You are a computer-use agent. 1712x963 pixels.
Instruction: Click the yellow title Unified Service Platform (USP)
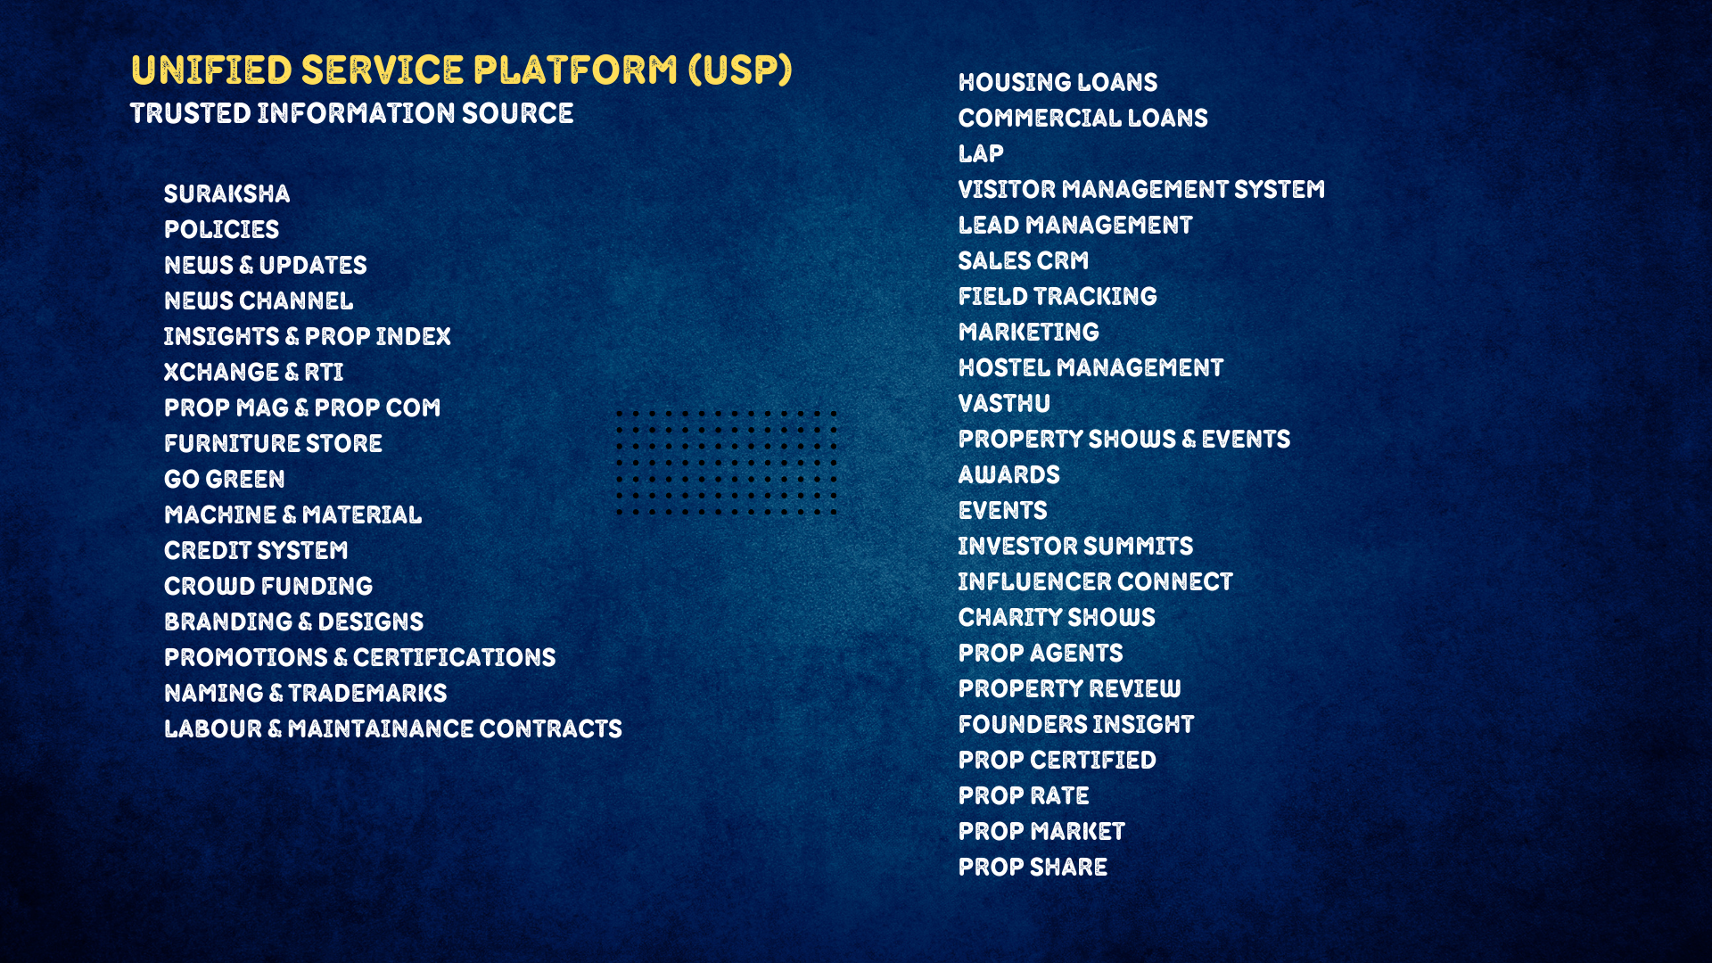tap(461, 70)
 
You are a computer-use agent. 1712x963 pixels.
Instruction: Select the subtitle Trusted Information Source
tap(351, 113)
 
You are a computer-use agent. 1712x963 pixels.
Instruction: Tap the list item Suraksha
tap(226, 193)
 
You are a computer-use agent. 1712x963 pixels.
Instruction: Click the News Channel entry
tap(259, 300)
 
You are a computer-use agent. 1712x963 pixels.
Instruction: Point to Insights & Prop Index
tap(308, 336)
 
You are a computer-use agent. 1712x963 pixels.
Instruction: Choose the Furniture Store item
tap(273, 443)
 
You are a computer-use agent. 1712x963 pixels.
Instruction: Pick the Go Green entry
tap(225, 479)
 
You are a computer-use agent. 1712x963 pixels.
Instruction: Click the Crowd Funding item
tap(268, 586)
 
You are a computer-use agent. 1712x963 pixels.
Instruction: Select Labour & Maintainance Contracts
tap(393, 728)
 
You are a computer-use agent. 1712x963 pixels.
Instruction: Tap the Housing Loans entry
tap(1058, 82)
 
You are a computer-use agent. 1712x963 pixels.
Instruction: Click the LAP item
tap(981, 153)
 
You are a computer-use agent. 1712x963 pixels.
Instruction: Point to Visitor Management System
tap(1141, 189)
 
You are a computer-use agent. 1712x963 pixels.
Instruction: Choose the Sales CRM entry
tap(1024, 260)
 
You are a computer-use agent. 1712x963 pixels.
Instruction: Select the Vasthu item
tap(1004, 403)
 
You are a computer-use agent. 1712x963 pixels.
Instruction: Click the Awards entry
tap(1009, 474)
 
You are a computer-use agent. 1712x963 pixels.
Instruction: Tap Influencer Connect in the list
tap(1096, 581)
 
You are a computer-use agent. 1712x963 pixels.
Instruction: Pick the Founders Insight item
tap(1076, 724)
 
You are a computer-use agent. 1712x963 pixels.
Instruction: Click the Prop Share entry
tap(1033, 867)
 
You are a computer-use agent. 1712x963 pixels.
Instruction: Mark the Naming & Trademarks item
tap(306, 693)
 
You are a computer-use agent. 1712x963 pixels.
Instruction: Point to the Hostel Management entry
tap(1091, 367)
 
